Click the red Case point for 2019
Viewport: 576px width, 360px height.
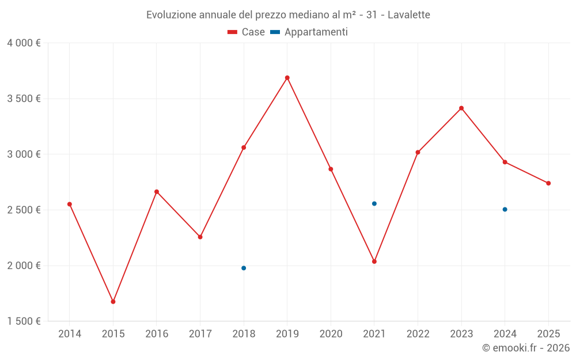click(287, 78)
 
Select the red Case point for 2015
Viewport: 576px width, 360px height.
click(113, 301)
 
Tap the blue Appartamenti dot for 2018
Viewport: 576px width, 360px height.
click(244, 268)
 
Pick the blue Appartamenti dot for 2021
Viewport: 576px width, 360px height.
click(374, 203)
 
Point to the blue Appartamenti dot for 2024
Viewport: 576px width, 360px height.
click(505, 209)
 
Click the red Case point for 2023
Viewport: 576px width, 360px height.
click(461, 108)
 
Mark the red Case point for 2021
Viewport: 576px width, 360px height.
click(374, 262)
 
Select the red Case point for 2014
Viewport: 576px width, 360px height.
click(70, 204)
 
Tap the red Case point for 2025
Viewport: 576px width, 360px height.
click(548, 183)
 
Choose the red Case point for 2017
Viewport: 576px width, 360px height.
click(200, 237)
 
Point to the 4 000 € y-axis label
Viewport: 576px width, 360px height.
click(24, 43)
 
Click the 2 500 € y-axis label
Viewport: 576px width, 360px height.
click(24, 210)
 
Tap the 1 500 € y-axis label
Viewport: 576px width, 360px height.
click(24, 321)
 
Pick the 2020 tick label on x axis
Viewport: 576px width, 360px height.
click(331, 334)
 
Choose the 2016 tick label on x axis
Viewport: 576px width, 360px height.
click(157, 334)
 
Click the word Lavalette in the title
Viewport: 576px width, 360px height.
click(408, 15)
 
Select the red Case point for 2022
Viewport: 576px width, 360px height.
click(418, 152)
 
